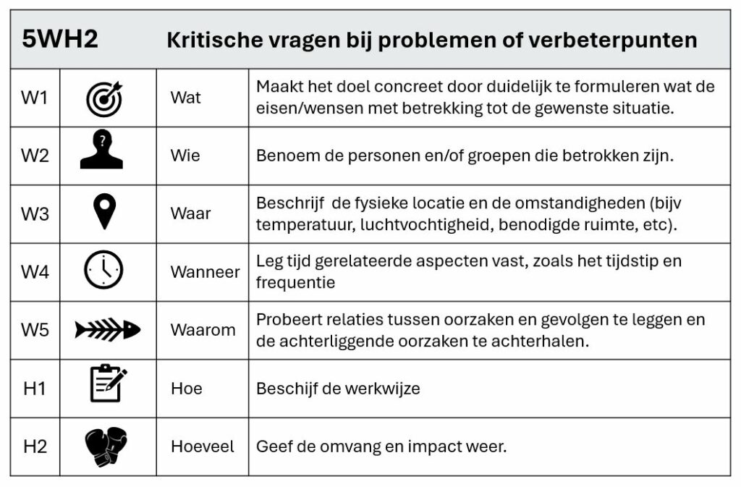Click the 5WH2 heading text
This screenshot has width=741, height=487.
tap(60, 39)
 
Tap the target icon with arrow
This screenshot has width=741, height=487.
tap(104, 98)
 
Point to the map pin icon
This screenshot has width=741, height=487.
tap(106, 213)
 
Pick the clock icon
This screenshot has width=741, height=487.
tap(103, 271)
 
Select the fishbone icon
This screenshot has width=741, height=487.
tap(107, 330)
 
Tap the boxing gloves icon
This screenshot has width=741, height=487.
tap(106, 446)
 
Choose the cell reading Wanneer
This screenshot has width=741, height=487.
tap(205, 272)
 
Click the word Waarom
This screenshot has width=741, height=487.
tap(203, 330)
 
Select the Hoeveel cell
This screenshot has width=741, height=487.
tap(202, 446)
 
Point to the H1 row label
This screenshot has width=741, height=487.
tap(35, 389)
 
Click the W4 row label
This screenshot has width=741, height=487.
tap(35, 272)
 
